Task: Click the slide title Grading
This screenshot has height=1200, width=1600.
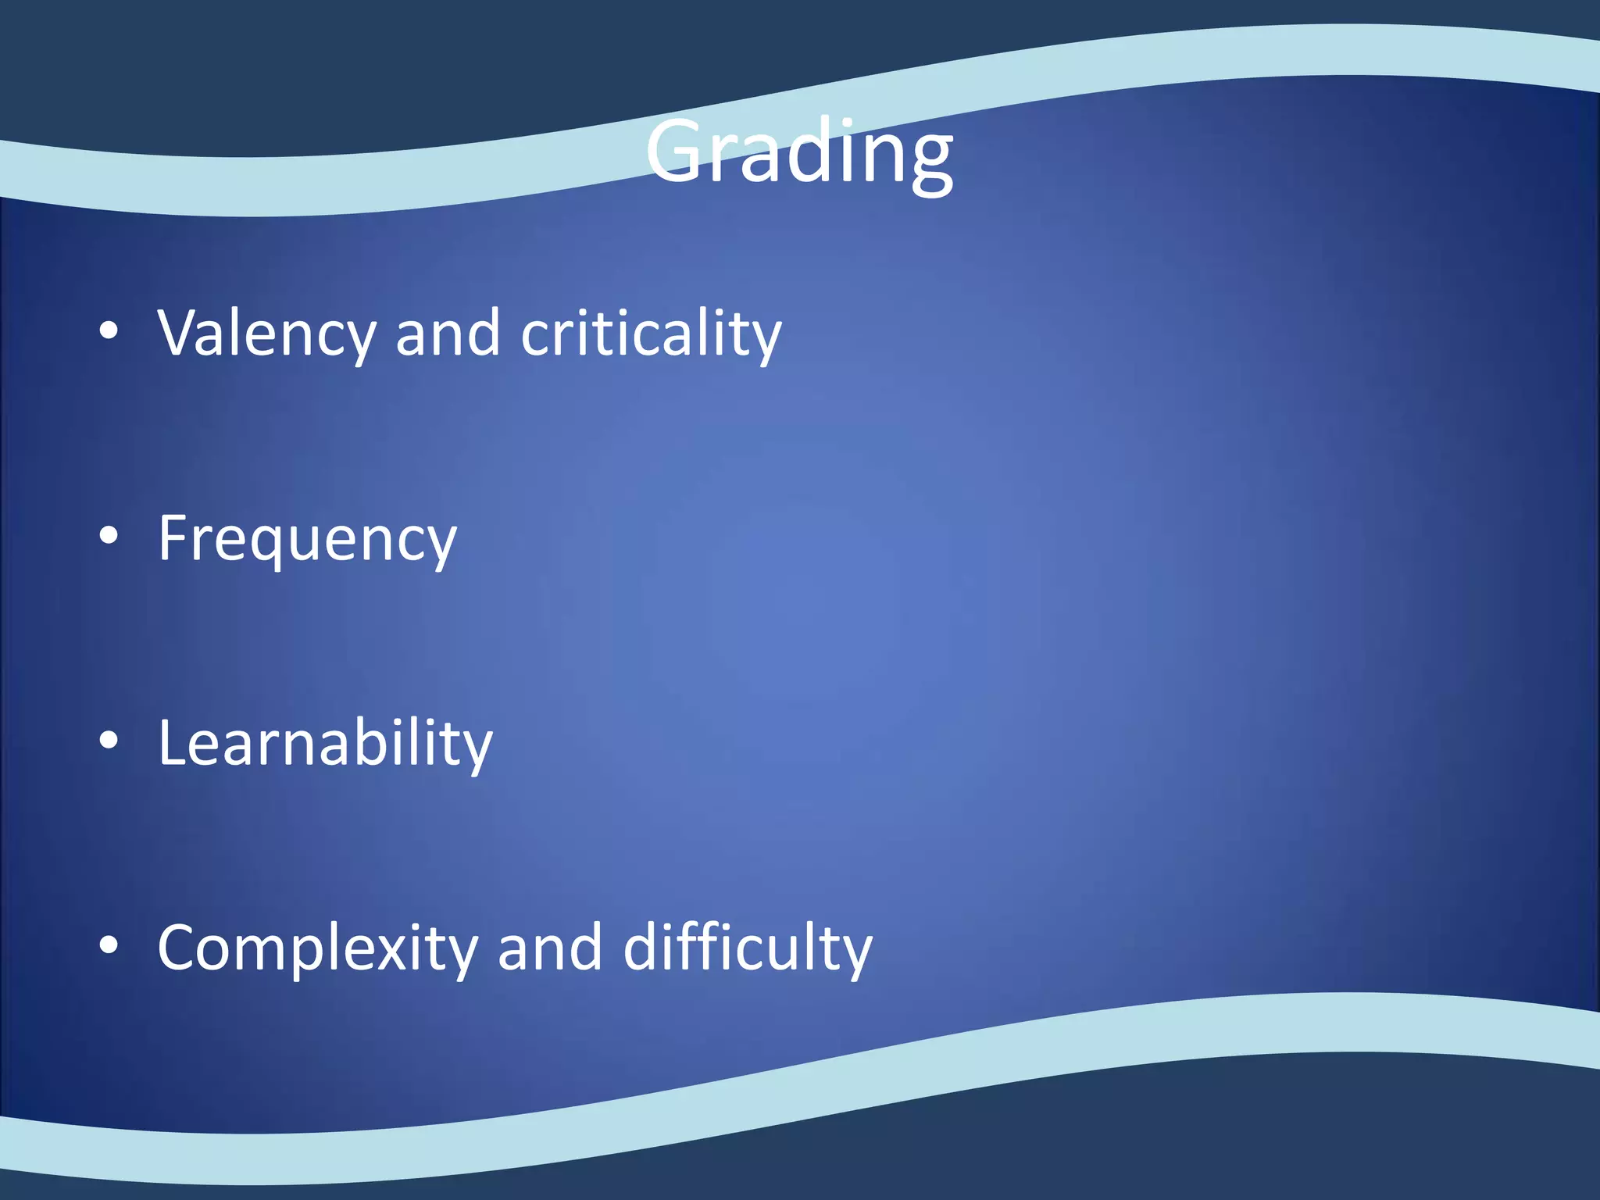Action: (x=798, y=152)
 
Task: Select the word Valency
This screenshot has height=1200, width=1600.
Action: (x=266, y=334)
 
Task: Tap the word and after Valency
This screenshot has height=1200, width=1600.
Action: (x=447, y=334)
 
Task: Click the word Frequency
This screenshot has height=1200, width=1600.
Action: (x=307, y=539)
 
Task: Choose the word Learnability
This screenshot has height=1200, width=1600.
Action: (x=325, y=743)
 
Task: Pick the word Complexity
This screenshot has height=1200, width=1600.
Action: (x=317, y=948)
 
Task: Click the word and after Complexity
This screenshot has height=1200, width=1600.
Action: (x=549, y=948)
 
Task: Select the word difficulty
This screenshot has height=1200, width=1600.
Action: (x=748, y=948)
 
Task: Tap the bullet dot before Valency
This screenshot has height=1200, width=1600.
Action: (x=109, y=330)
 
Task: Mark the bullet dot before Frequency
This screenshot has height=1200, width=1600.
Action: (x=109, y=535)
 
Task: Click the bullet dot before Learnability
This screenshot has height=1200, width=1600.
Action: (x=109, y=740)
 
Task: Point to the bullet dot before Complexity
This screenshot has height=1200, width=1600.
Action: (x=109, y=945)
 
